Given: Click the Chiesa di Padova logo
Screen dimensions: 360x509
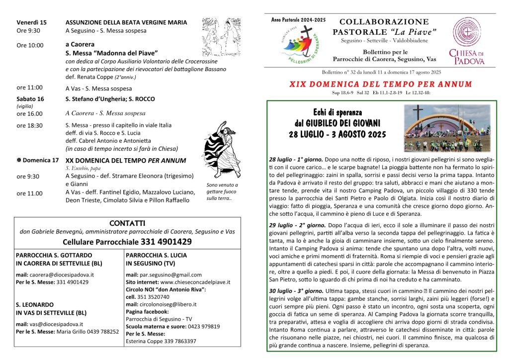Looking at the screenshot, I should tap(466, 42).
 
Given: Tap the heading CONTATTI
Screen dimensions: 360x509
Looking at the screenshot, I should tap(127, 223).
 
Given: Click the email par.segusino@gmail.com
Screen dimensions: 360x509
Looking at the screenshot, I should tap(164, 274).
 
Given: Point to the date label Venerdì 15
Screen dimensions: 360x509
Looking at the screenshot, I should tap(31, 22).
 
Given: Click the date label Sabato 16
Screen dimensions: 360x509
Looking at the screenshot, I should tap(30, 99).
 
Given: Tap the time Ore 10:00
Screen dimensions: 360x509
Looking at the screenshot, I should tap(30, 45).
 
